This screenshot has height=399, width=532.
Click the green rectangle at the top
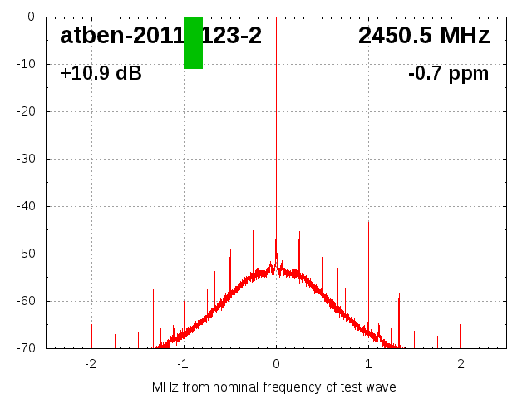pyautogui.click(x=193, y=42)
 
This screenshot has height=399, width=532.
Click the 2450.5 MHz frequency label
pyautogui.click(x=424, y=36)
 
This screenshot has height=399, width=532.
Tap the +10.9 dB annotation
pyautogui.click(x=101, y=73)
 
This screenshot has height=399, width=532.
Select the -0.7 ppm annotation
pyautogui.click(x=448, y=73)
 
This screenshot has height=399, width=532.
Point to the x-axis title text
pyautogui.click(x=273, y=387)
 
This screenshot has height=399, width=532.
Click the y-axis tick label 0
pyautogui.click(x=29, y=17)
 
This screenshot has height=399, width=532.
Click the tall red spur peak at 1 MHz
pyautogui.click(x=368, y=223)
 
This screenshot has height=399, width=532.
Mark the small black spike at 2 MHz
pyautogui.click(x=461, y=332)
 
